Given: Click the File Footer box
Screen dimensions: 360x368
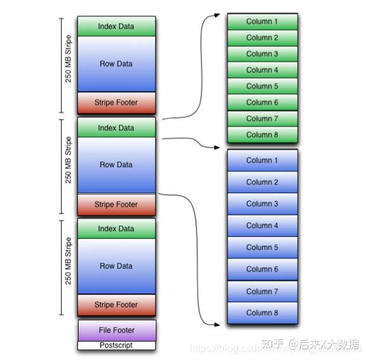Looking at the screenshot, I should click(x=116, y=330).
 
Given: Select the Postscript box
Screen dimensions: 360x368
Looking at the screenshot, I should click(x=116, y=345).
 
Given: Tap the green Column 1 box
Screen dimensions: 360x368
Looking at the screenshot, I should click(x=262, y=22).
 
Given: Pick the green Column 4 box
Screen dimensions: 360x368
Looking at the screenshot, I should click(x=262, y=70).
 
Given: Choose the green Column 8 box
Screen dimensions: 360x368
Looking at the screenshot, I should click(x=262, y=135).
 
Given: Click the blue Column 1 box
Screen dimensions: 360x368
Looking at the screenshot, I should click(x=262, y=161).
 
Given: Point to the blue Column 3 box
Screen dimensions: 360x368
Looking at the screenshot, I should click(x=262, y=204).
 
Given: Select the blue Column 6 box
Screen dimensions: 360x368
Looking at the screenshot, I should click(x=262, y=269).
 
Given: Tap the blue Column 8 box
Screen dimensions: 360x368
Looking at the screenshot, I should click(x=262, y=312).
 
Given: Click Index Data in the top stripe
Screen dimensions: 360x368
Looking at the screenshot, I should click(x=116, y=26).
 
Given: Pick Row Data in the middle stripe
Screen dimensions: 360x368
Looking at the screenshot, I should click(x=116, y=165).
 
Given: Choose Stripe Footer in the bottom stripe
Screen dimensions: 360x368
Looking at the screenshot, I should click(x=116, y=305).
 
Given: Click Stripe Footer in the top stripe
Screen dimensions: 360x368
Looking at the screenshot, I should click(x=116, y=102).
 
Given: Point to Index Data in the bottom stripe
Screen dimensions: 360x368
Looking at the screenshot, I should click(x=116, y=229).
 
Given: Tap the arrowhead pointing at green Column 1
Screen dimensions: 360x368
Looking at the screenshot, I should click(x=217, y=15).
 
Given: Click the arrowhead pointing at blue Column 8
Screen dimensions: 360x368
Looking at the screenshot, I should click(x=217, y=324).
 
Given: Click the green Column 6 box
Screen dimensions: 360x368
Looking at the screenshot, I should click(x=262, y=102).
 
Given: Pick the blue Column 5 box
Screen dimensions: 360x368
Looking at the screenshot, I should click(x=262, y=247).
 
